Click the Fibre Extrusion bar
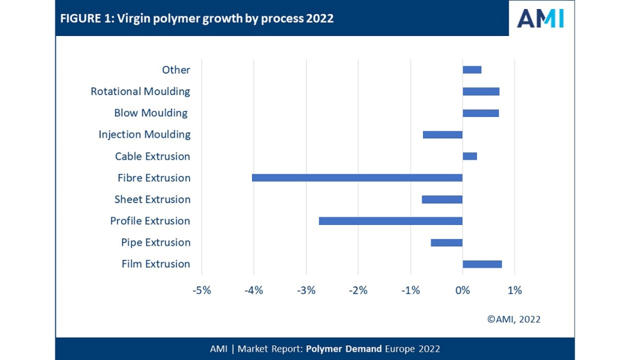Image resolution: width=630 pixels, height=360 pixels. (357, 177)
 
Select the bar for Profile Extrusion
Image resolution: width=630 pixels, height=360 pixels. (390, 221)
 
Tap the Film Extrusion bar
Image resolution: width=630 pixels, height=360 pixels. (482, 264)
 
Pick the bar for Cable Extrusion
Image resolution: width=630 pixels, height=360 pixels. (470, 156)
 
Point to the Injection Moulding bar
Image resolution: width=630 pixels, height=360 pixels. (442, 134)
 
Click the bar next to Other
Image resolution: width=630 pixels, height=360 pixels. (472, 70)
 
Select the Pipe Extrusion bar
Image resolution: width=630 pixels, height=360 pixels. (446, 242)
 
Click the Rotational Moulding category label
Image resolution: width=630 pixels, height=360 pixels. (140, 91)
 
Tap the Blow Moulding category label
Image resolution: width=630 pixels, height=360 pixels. (151, 113)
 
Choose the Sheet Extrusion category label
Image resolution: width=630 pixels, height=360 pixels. (152, 199)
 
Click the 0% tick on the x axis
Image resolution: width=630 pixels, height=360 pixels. (462, 290)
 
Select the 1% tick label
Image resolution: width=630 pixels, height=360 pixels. (514, 290)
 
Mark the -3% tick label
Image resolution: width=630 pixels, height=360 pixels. (306, 290)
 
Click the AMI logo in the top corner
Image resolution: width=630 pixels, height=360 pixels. (541, 18)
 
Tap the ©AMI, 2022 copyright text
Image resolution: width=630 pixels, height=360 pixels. (514, 319)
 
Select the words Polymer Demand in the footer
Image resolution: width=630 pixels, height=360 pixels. (344, 348)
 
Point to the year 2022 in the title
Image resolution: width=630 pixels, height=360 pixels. (319, 18)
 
